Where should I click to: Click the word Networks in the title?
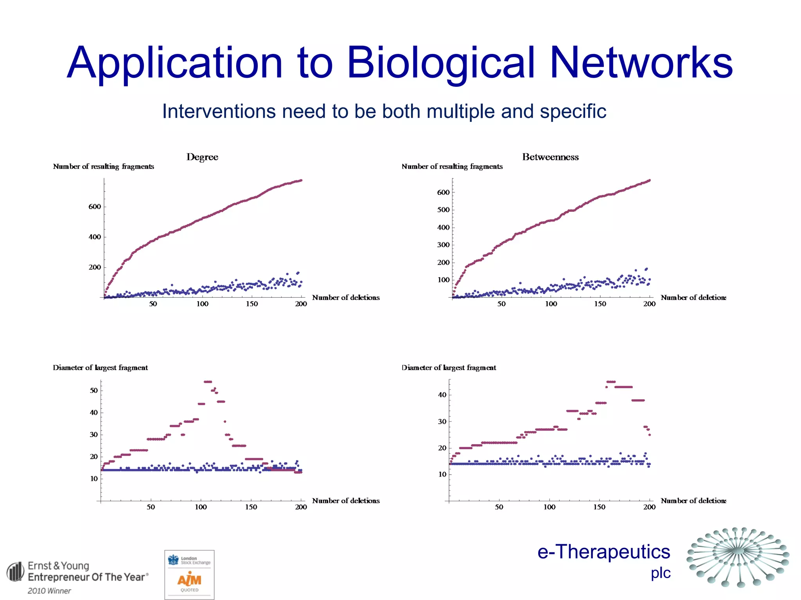pyautogui.click(x=641, y=63)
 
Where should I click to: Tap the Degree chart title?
pyautogui.click(x=202, y=157)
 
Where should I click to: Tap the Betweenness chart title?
pyautogui.click(x=550, y=157)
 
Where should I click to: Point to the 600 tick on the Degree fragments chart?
pyautogui.click(x=95, y=207)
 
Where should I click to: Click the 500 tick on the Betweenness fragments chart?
pyautogui.click(x=443, y=210)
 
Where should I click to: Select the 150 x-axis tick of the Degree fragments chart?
pyautogui.click(x=251, y=304)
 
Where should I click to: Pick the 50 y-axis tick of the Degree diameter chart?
pyautogui.click(x=94, y=391)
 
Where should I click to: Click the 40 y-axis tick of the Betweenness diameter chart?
pyautogui.click(x=442, y=395)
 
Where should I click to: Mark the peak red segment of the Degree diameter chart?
pyautogui.click(x=208, y=382)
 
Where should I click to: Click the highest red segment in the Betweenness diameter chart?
pyautogui.click(x=611, y=382)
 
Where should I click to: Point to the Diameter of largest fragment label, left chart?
pyautogui.click(x=100, y=368)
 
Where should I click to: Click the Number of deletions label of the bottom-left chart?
pyautogui.click(x=346, y=501)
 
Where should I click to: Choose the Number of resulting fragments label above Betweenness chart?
pyautogui.click(x=452, y=166)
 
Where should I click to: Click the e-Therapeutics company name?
pyautogui.click(x=603, y=552)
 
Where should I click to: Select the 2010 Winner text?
pyautogui.click(x=49, y=591)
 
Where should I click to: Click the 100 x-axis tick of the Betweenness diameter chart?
pyautogui.click(x=549, y=507)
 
